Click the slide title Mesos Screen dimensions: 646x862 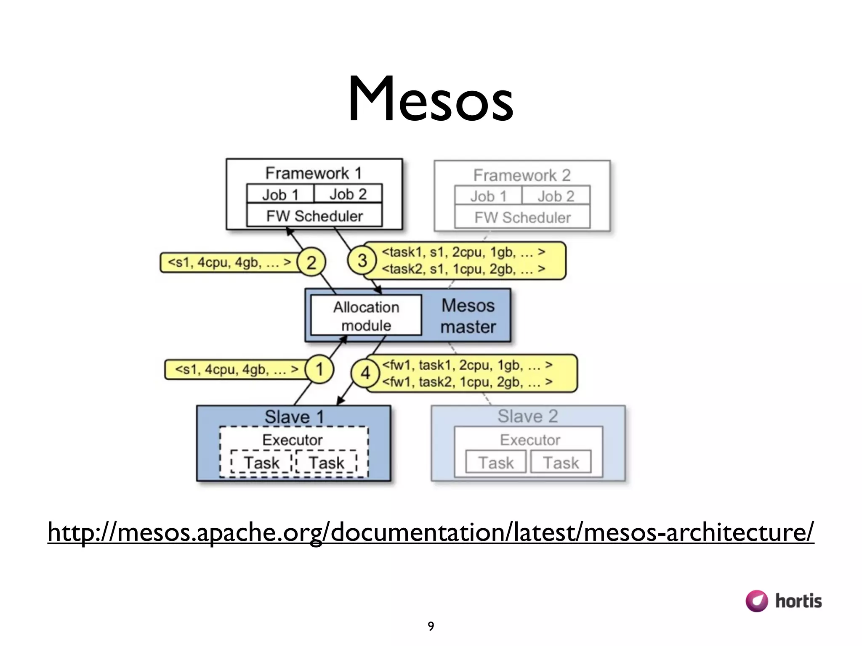430,99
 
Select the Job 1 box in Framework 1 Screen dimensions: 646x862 280,194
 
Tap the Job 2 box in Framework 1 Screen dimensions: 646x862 348,194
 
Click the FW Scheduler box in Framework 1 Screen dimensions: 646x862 314,216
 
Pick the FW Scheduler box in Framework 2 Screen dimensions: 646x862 522,217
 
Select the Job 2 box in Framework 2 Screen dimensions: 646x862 556,196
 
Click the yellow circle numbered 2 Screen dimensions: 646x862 311,262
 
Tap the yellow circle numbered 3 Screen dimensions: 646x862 362,260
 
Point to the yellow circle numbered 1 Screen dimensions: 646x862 319,369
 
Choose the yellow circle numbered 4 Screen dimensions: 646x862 365,373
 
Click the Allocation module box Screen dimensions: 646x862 366,316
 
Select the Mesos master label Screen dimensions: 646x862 468,316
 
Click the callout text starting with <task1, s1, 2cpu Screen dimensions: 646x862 463,252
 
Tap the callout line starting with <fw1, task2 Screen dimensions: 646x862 467,382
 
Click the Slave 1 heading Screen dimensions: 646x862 294,417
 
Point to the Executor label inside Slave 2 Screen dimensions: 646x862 530,439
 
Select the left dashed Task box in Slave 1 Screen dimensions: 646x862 261,462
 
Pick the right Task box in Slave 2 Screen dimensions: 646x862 561,462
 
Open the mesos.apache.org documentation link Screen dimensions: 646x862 430,532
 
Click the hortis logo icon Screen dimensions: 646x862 756,601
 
